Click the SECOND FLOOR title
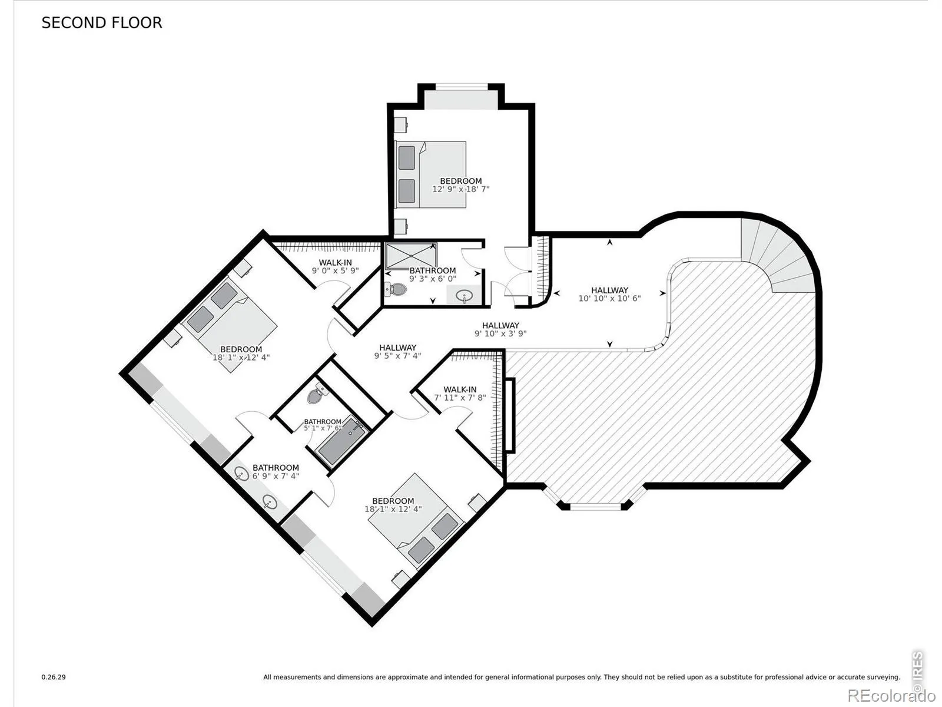click(x=102, y=23)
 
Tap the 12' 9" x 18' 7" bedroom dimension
click(x=460, y=189)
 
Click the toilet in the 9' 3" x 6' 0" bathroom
click(x=396, y=289)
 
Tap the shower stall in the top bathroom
click(x=411, y=256)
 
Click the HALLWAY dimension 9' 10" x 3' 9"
click(x=500, y=333)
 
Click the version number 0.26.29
click(x=54, y=677)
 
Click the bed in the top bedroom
click(x=430, y=175)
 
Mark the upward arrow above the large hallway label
click(x=609, y=242)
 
